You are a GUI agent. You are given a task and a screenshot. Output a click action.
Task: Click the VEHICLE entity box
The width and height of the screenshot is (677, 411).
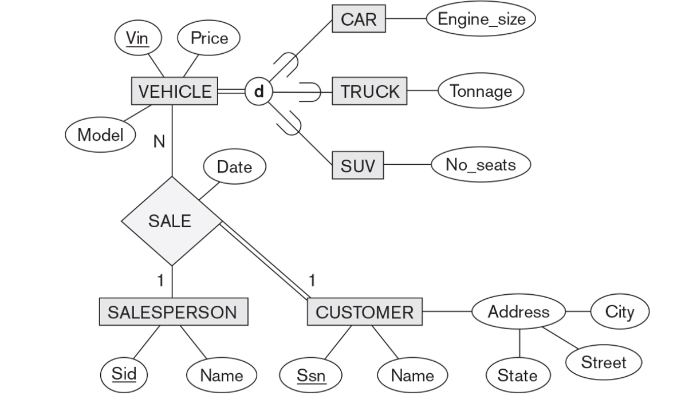(174, 92)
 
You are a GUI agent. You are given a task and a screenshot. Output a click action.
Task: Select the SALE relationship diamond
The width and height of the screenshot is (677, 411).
(171, 221)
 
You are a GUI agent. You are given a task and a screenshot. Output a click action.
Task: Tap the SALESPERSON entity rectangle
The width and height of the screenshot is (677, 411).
(173, 312)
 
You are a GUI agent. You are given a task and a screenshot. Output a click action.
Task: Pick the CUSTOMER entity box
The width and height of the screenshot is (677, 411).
(365, 312)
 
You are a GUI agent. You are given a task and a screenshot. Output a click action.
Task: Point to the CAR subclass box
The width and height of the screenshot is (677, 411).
(359, 19)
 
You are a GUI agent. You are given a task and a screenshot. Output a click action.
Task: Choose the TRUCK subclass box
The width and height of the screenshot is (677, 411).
(370, 92)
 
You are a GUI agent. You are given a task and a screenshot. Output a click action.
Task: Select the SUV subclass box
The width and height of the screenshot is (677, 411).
(358, 165)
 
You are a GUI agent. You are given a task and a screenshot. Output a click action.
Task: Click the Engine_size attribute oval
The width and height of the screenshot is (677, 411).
(481, 19)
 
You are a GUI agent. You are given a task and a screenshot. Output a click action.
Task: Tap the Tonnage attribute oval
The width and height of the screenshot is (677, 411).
(481, 91)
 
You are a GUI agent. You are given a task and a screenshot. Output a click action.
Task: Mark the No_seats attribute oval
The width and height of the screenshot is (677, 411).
(481, 165)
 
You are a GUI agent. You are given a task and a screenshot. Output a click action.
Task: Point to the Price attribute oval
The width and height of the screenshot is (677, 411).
(209, 38)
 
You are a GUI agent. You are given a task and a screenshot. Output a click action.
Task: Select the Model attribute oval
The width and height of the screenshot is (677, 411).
(101, 135)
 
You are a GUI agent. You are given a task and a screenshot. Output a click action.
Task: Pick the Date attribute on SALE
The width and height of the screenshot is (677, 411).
(235, 167)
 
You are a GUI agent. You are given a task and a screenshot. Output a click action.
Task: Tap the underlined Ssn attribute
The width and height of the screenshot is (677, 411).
(310, 376)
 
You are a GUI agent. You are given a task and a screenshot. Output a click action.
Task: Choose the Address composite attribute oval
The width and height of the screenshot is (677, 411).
(518, 312)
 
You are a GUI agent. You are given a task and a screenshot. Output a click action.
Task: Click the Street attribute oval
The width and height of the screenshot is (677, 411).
(604, 362)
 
